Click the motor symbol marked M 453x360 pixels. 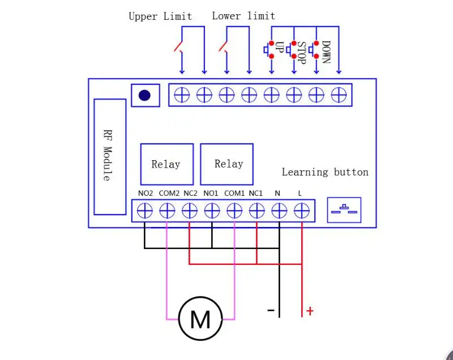pos(200,319)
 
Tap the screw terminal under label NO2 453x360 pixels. pos(145,211)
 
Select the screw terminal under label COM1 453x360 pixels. pos(234,211)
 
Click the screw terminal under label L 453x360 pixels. pos(302,211)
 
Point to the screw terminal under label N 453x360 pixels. pos(279,211)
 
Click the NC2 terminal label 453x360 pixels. pos(190,193)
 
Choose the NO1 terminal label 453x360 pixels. pos(211,193)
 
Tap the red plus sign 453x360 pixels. pos(310,311)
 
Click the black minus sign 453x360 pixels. pos(271,310)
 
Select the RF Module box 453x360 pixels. pos(110,157)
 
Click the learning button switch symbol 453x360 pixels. pos(344,210)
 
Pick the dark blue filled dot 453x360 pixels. pos(144,95)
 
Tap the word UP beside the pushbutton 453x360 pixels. pos(279,47)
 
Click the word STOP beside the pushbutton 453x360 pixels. pos(301,53)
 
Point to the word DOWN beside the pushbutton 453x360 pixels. pos(326,52)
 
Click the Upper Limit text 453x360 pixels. pos(160,16)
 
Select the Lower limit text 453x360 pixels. pos(243,16)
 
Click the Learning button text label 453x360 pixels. pos(325,172)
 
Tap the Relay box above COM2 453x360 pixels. pos(167,164)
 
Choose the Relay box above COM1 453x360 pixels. pos(227,164)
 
